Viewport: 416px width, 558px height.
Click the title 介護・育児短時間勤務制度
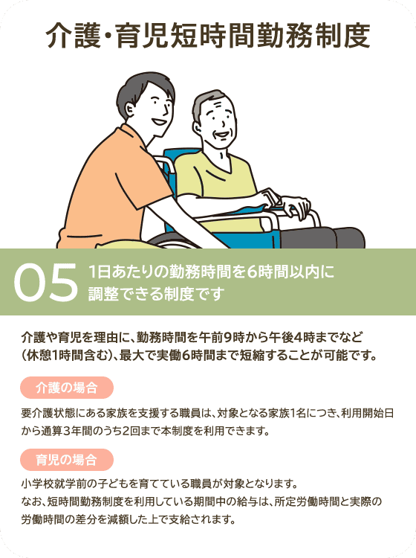point(207,35)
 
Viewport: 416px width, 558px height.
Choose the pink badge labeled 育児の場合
point(67,458)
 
